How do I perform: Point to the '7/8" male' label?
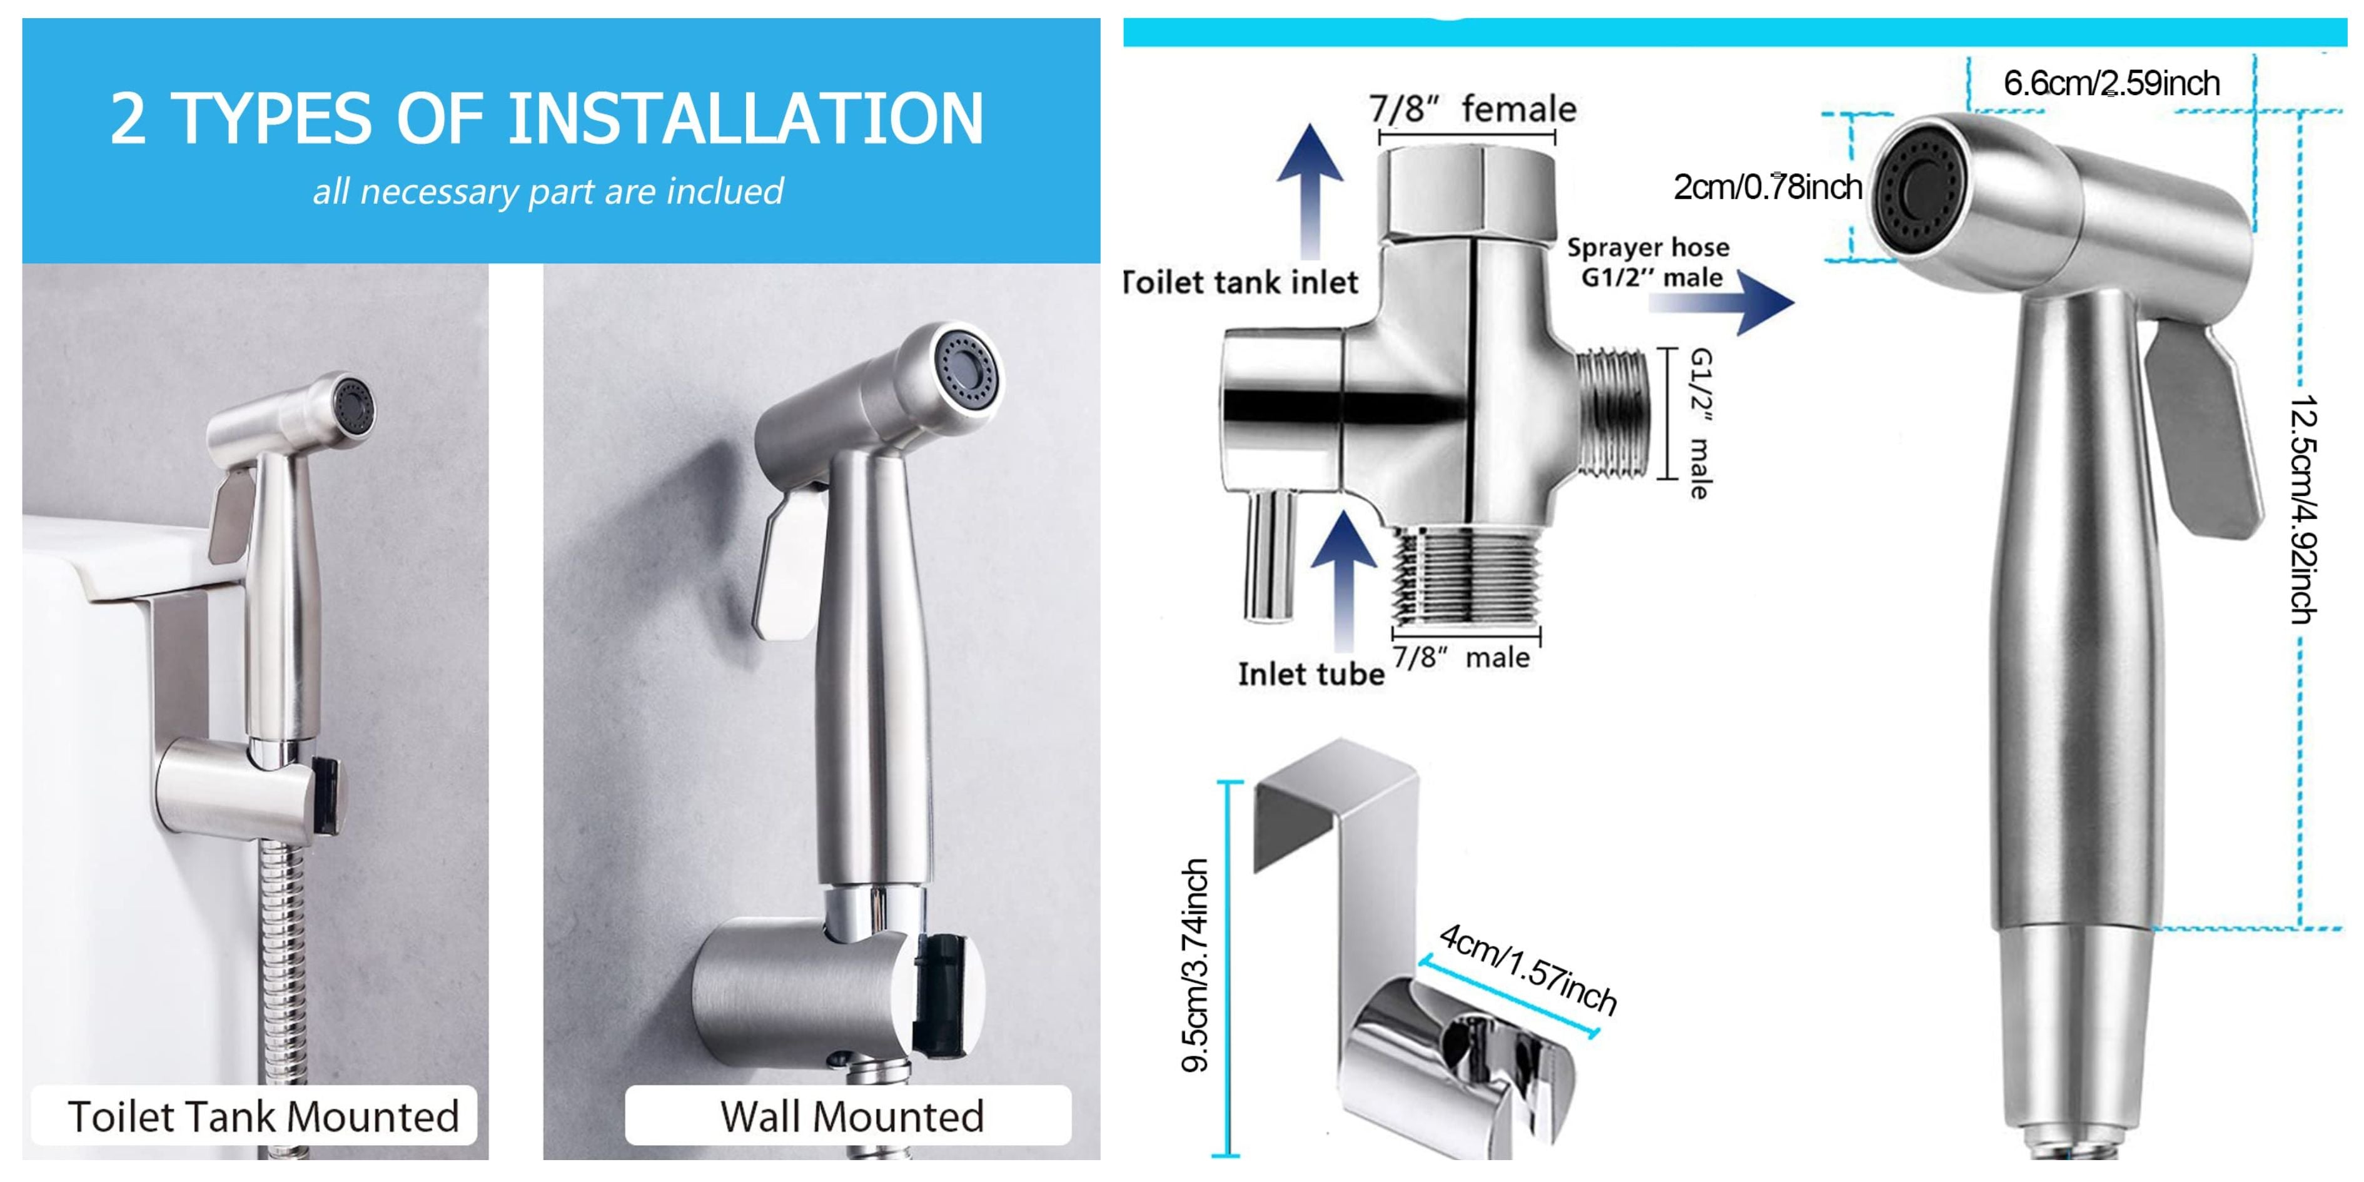tap(1461, 657)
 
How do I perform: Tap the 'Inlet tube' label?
tap(1310, 675)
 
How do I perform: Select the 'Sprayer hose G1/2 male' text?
tap(1648, 263)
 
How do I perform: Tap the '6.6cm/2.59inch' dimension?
tap(2111, 84)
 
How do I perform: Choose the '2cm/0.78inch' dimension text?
tap(1767, 187)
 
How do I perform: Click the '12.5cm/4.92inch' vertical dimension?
tap(2305, 510)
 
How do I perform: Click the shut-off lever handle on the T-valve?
tap(1270, 555)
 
